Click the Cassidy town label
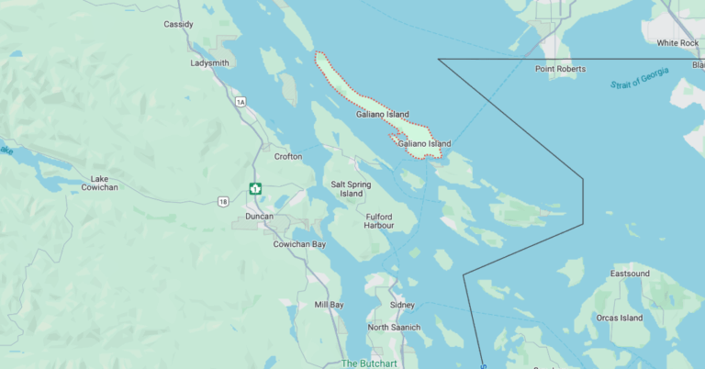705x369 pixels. (x=178, y=24)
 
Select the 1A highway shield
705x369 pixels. (x=241, y=102)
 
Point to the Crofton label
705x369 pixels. (x=288, y=157)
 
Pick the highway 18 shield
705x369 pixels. (x=224, y=200)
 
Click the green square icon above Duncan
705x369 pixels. (x=254, y=189)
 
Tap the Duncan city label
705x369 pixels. (x=260, y=217)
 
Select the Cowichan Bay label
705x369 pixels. (x=299, y=244)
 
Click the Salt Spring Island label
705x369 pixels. (x=352, y=189)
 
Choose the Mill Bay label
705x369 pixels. (x=329, y=305)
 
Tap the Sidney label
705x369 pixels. (x=402, y=305)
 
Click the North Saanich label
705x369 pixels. (x=394, y=328)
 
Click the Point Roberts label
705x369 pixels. (x=560, y=69)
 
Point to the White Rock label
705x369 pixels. (x=677, y=43)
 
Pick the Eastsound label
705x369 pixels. (x=630, y=274)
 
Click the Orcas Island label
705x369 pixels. (x=620, y=319)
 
